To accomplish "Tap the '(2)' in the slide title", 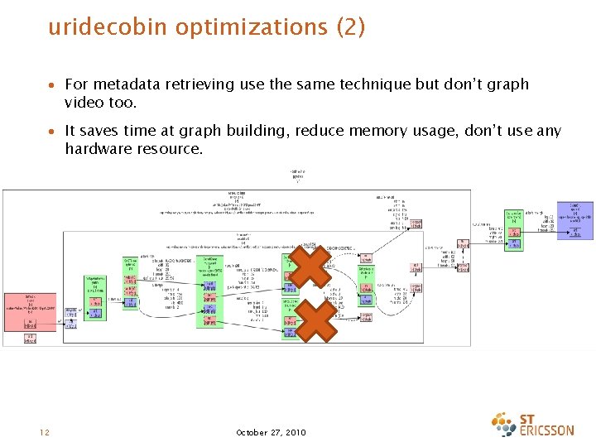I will [350, 27].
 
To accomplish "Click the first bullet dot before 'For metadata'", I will [52, 85].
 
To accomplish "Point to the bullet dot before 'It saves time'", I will [52, 132].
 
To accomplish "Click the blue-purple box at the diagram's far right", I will [574, 220].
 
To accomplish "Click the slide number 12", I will [44, 432].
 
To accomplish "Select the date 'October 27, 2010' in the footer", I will [271, 432].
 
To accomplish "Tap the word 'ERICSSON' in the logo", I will [547, 430].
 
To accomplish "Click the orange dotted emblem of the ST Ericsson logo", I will [504, 424].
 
